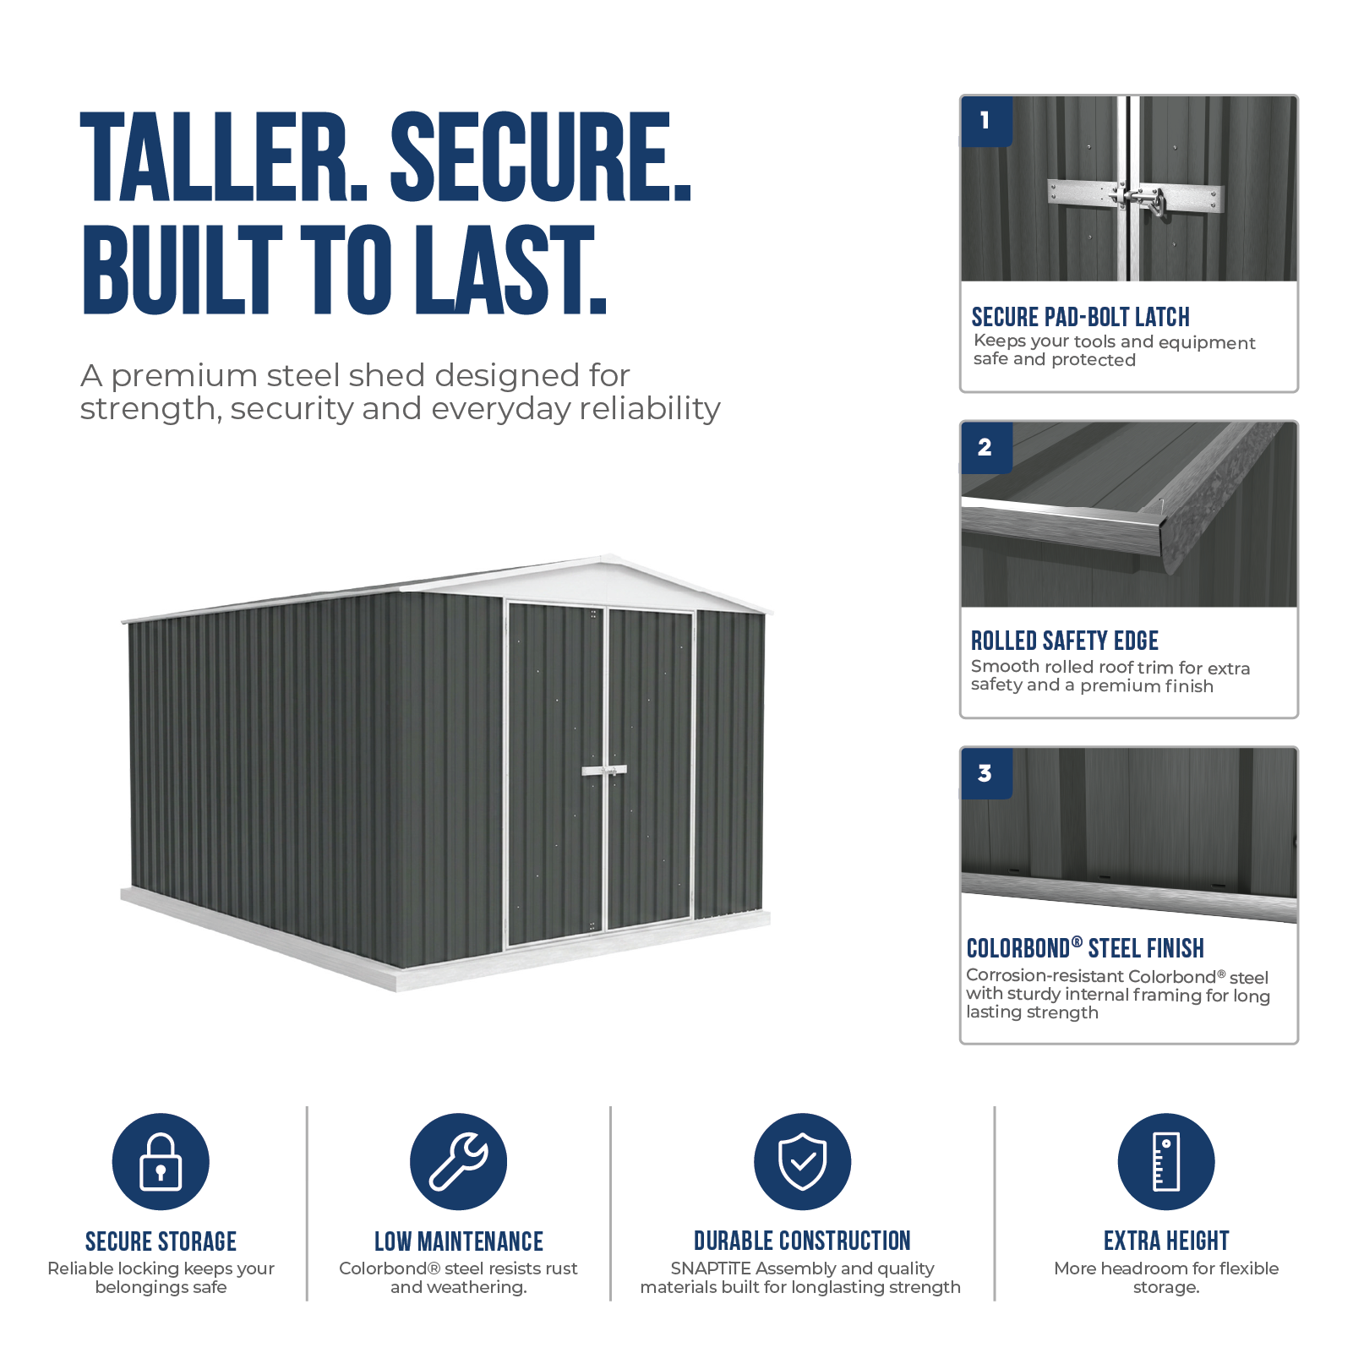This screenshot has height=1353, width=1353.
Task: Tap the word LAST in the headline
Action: coord(510,270)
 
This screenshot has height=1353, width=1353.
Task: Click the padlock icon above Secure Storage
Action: coord(161,1161)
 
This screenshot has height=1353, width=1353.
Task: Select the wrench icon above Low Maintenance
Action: coord(458,1161)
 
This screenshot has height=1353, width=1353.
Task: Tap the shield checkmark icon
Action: coord(802,1161)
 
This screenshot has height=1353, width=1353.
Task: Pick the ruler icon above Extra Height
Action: coord(1166,1161)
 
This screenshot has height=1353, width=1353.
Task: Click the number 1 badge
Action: coord(986,121)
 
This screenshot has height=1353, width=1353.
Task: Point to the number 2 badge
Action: coord(986,447)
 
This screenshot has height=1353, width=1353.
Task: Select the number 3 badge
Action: coord(986,773)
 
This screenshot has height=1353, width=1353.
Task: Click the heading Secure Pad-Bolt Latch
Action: coord(1080,317)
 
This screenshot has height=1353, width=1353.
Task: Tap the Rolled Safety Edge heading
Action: coord(1064,641)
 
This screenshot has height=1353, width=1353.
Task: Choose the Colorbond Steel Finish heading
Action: coord(1085,948)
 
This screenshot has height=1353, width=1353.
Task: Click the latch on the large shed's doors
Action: coord(604,771)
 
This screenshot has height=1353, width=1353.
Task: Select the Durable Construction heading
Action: coord(802,1241)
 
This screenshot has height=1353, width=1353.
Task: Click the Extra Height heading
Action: coord(1166,1241)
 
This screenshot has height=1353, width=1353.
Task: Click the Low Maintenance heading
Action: coord(459,1241)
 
